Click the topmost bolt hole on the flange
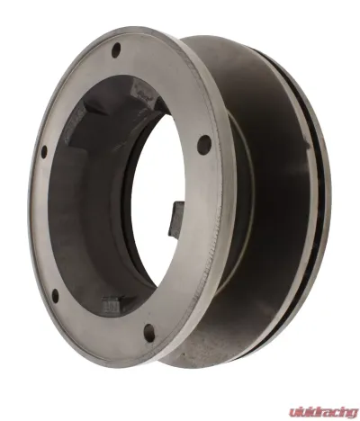[116, 49]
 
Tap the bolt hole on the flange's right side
[204, 145]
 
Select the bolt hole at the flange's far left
[44, 152]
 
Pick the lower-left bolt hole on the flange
[55, 296]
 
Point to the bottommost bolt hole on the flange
[149, 332]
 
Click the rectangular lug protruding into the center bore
[175, 219]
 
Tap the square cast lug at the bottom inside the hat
[112, 304]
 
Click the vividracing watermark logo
[323, 412]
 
